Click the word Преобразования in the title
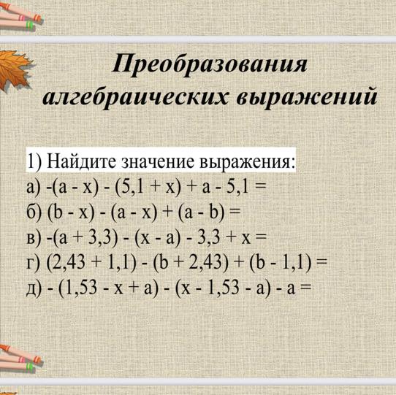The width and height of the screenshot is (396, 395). pyautogui.click(x=210, y=64)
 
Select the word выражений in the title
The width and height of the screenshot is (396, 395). pyautogui.click(x=307, y=97)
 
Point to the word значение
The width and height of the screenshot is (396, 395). pyautogui.click(x=159, y=161)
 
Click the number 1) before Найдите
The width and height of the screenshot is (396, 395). pyautogui.click(x=34, y=161)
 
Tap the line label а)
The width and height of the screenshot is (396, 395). pyautogui.click(x=34, y=188)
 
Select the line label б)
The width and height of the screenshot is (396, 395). pyautogui.click(x=34, y=212)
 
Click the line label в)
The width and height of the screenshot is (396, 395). pyautogui.click(x=34, y=238)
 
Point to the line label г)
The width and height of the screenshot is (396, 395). pyautogui.click(x=34, y=264)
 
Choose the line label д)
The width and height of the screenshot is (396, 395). pyautogui.click(x=34, y=288)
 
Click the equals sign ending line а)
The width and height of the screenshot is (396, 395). pyautogui.click(x=261, y=187)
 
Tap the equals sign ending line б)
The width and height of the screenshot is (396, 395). pyautogui.click(x=234, y=212)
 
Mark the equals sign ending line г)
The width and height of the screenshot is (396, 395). pyautogui.click(x=321, y=262)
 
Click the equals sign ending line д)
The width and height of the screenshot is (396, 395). pyautogui.click(x=305, y=288)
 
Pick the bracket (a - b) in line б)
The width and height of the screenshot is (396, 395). pyautogui.click(x=201, y=213)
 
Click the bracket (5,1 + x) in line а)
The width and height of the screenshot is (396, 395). pyautogui.click(x=148, y=188)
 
